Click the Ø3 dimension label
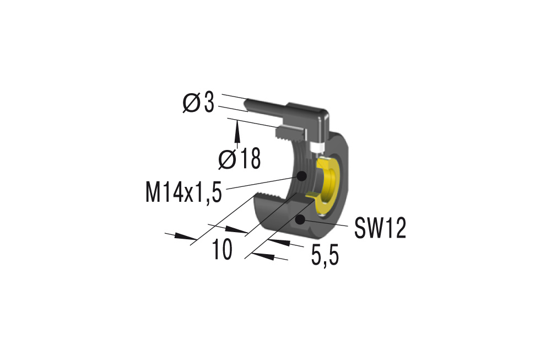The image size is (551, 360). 198,103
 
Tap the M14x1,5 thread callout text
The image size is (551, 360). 183,192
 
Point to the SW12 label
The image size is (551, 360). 380,228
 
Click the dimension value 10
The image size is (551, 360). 223,250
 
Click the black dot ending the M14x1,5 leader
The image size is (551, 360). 301,176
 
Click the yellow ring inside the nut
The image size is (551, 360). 331,182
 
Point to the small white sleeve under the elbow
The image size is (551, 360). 316,148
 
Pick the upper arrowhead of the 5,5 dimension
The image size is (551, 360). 282,243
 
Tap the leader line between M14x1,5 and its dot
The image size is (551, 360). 259,184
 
